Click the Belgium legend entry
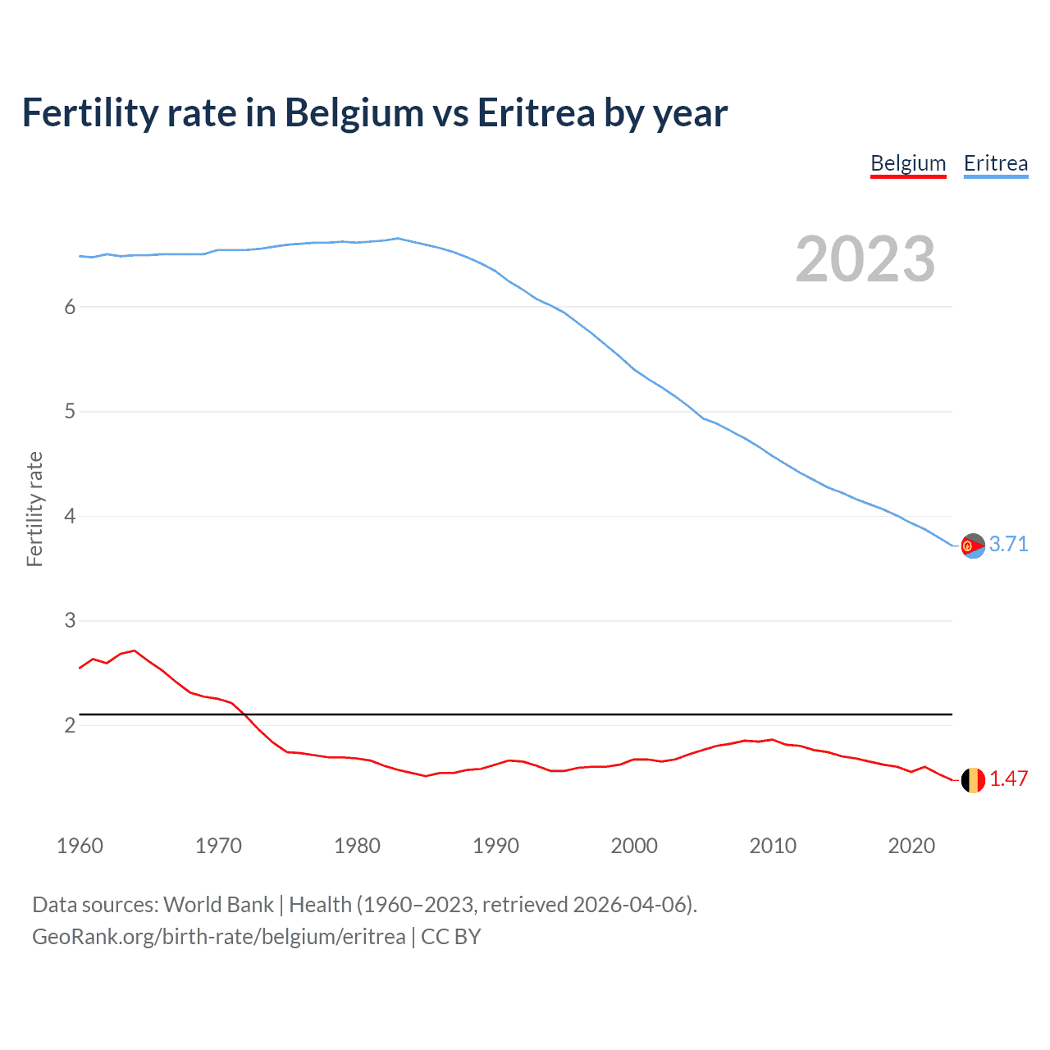[x=908, y=163]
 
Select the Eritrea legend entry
[x=995, y=163]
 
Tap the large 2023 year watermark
[x=865, y=259]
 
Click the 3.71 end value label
[x=1008, y=544]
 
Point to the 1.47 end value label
[x=1008, y=778]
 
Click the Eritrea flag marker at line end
[x=973, y=546]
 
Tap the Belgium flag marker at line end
[x=973, y=780]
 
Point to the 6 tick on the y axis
[x=70, y=307]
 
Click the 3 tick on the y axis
[x=70, y=621]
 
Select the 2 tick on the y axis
[x=70, y=725]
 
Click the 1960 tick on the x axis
[x=80, y=846]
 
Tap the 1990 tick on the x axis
[x=495, y=846]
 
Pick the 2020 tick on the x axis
[x=911, y=846]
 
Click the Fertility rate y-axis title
[x=34, y=509]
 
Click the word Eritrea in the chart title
[x=536, y=112]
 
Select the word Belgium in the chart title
[x=354, y=112]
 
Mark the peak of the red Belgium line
[x=135, y=651]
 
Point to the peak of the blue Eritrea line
[x=398, y=239]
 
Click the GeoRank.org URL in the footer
[x=218, y=937]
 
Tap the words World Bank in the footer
[x=218, y=905]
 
